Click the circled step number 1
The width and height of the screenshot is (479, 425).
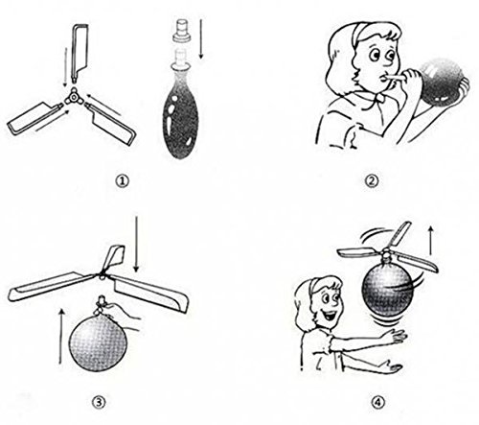pyautogui.click(x=123, y=181)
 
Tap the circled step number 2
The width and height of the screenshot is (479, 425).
pyautogui.click(x=372, y=181)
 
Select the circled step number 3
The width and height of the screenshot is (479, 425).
pyautogui.click(x=99, y=402)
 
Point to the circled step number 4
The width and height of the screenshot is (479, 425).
pyautogui.click(x=378, y=402)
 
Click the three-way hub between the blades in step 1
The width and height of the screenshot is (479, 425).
pyautogui.click(x=74, y=97)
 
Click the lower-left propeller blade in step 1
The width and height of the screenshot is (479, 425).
pyautogui.click(x=34, y=118)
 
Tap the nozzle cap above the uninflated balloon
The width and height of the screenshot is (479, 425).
pyautogui.click(x=182, y=31)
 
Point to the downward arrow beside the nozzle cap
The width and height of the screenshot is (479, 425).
pyautogui.click(x=201, y=38)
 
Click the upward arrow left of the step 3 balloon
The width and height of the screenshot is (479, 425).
pyautogui.click(x=61, y=337)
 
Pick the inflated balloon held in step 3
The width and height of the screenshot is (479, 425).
pyautogui.click(x=98, y=342)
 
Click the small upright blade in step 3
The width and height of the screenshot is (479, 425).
pyautogui.click(x=112, y=257)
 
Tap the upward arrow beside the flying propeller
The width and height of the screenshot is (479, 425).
pyautogui.click(x=431, y=240)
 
